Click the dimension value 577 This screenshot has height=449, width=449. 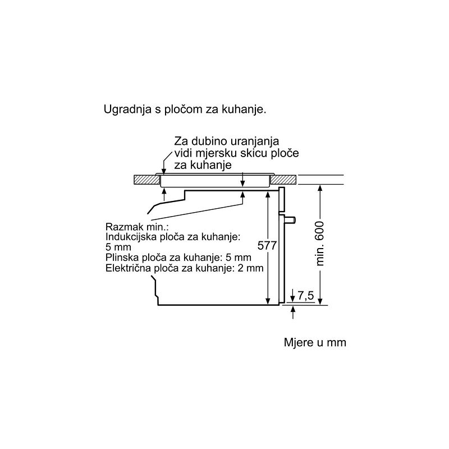[x=267, y=246]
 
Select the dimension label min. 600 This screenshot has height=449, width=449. [x=319, y=244]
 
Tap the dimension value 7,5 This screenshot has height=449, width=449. [x=306, y=296]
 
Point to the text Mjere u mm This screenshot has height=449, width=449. [x=315, y=342]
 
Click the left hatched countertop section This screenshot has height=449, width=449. [x=147, y=180]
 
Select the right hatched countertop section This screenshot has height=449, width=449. [x=283, y=180]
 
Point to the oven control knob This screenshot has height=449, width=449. [x=290, y=220]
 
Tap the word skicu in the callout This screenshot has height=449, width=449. [x=254, y=153]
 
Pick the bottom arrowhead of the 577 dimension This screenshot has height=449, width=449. [x=268, y=301]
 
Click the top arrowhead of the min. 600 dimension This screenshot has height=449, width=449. [x=320, y=188]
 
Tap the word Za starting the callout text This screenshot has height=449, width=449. [x=181, y=141]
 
